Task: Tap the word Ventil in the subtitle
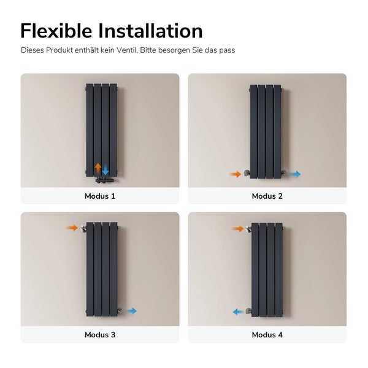pos(126,50)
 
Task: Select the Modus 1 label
pos(100,196)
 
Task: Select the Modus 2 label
pos(267,196)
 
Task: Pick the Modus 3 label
pos(100,335)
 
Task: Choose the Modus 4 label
pos(267,335)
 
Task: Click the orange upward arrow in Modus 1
pos(98,169)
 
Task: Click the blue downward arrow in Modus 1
pos(105,170)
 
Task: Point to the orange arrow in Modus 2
pos(236,174)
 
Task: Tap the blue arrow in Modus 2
pos(295,174)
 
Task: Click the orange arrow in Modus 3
pos(72,228)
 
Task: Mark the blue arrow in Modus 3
pos(131,312)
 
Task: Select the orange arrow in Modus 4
pos(238,229)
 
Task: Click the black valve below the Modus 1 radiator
pos(102,180)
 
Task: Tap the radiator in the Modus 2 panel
pos(266,131)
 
